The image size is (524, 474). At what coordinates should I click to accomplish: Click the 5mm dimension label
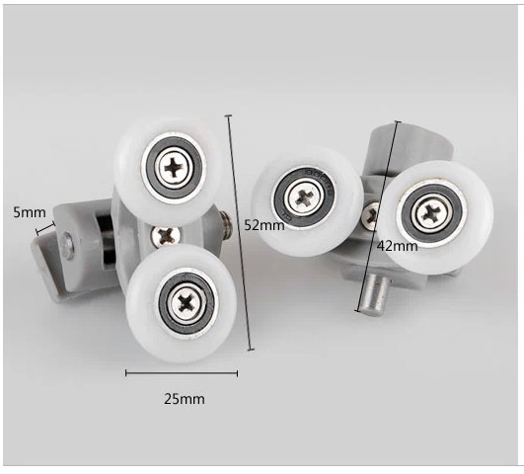pyautogui.click(x=29, y=212)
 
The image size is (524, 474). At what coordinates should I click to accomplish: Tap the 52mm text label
pyautogui.click(x=264, y=225)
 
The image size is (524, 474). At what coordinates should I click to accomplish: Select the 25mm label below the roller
pyautogui.click(x=184, y=399)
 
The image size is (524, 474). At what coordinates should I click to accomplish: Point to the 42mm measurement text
pyautogui.click(x=398, y=246)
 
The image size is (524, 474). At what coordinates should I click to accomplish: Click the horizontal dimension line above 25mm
pyautogui.click(x=182, y=373)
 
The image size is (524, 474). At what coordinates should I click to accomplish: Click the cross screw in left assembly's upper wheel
pyautogui.click(x=176, y=165)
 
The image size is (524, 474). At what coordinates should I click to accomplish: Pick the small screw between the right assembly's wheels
pyautogui.click(x=372, y=211)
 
